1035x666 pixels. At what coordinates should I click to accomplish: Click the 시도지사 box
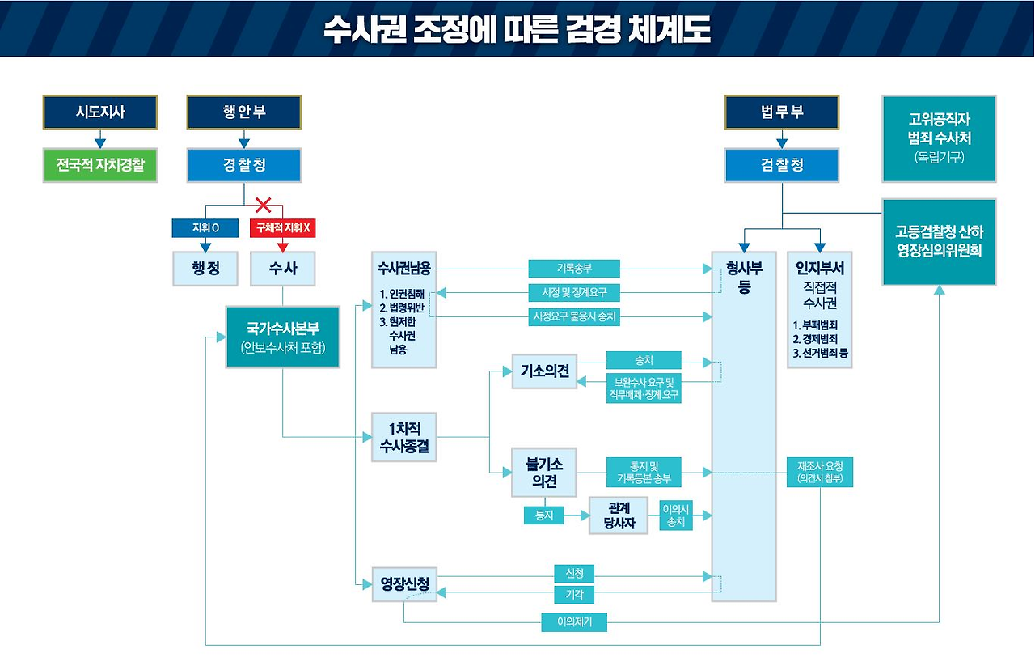pos(100,112)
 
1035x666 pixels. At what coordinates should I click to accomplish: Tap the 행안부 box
pos(244,112)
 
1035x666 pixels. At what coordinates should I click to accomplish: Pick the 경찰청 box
pos(244,165)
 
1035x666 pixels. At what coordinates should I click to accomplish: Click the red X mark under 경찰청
pos(263,204)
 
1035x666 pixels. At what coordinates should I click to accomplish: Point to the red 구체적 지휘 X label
pos(282,228)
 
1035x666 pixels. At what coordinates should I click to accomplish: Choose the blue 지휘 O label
pos(205,228)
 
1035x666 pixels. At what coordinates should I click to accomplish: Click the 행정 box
pos(205,269)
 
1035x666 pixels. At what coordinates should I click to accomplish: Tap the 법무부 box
pos(782,112)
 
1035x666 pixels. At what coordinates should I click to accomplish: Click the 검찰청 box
pos(782,165)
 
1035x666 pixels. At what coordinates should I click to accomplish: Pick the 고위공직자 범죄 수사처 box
pos(939,138)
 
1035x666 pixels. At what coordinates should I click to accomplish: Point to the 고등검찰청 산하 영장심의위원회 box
pos(939,241)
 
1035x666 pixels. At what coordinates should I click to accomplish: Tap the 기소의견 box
pos(545,371)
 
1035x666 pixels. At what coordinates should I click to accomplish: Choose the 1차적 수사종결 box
pos(404,436)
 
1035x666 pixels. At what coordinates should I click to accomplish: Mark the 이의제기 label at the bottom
pos(573,622)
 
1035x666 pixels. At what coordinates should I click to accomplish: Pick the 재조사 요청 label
pos(820,472)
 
